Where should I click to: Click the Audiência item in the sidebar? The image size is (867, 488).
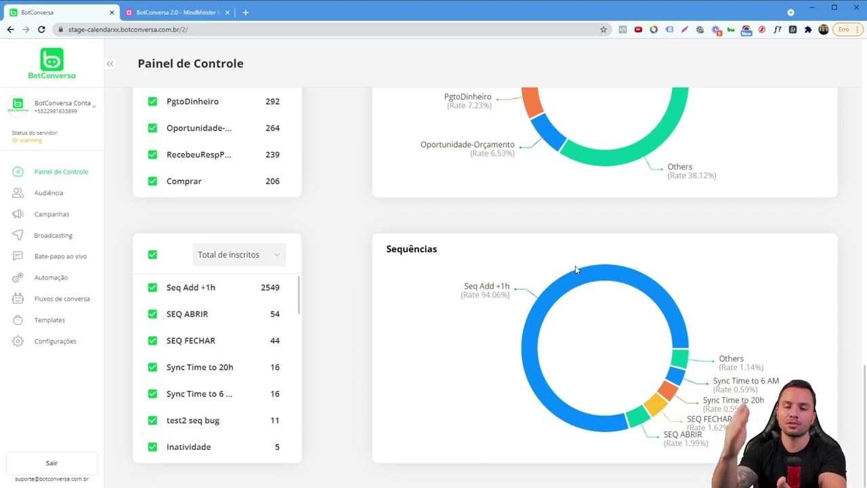pos(48,193)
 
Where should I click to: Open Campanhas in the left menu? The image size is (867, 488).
pos(51,214)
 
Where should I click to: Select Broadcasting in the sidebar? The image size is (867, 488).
pos(53,235)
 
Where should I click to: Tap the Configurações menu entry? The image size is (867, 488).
pos(55,342)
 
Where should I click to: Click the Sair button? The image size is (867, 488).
pos(51,463)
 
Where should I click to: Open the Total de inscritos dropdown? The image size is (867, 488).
pos(238,255)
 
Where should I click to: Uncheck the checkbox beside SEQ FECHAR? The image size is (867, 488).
pos(152,341)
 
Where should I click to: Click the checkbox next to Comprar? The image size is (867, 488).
pos(152,181)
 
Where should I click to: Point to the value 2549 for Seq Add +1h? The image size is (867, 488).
pos(270,287)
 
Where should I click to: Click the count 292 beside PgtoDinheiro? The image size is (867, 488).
pos(272,102)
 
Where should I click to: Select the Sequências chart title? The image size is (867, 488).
pos(411,249)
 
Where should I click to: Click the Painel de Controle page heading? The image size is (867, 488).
pos(190,64)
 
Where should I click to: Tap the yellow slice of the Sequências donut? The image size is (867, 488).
pos(654,405)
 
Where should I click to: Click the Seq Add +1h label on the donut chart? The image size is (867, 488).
pos(486,286)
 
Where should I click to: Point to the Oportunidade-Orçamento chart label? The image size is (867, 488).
pos(467,144)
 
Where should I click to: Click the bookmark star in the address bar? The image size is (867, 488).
pos(604,30)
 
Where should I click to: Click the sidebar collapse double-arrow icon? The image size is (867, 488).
pos(110,64)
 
